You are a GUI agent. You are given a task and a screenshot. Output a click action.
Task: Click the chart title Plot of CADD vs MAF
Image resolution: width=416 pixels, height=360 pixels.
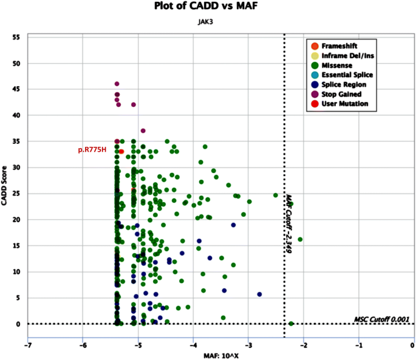(x=208, y=8)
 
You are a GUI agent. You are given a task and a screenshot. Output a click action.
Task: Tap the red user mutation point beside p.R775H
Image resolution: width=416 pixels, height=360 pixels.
(x=121, y=151)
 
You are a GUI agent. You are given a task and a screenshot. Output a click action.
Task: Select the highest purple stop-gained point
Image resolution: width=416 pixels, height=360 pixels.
(x=117, y=84)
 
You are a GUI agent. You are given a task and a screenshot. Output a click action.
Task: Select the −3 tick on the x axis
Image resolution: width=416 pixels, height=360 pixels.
(x=248, y=346)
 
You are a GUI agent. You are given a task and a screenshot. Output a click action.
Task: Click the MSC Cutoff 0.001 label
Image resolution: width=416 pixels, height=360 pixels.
(x=382, y=319)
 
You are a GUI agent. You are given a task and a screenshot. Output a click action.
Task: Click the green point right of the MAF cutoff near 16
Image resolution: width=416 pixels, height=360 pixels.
(x=300, y=239)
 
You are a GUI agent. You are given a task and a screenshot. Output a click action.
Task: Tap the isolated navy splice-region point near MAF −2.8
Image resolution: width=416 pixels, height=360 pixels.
(x=259, y=294)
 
